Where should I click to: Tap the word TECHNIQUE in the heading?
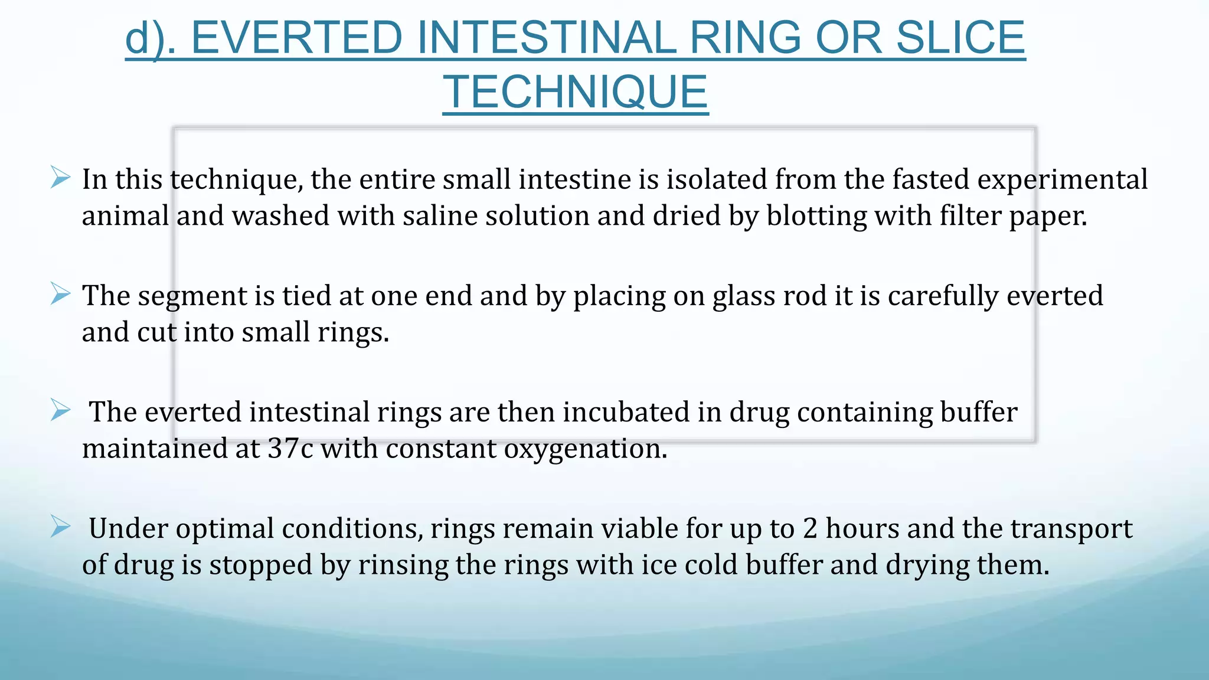tap(576, 92)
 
